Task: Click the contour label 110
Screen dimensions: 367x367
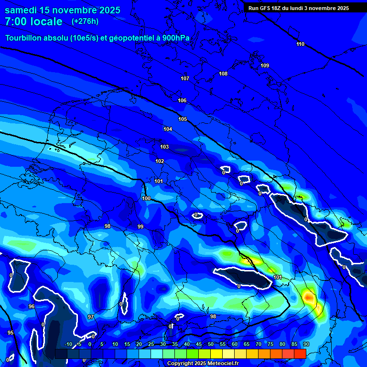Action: pos(300,44)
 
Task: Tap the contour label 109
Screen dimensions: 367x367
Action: pos(265,65)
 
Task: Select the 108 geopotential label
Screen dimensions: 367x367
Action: pos(223,74)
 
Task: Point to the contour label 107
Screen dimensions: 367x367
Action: pos(185,78)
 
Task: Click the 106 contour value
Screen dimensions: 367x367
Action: pos(182,100)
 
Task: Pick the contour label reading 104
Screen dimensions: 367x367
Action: pos(168,129)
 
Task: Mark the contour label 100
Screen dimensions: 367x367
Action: pos(146,198)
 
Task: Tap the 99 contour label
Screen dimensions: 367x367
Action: pos(140,227)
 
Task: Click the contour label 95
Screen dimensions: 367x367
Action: pos(11,333)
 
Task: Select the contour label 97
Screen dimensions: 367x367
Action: pos(91,317)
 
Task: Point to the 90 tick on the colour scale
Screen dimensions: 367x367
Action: pos(306,344)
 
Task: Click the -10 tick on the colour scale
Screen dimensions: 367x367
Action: pos(68,344)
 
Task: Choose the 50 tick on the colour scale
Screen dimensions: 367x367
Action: pos(211,344)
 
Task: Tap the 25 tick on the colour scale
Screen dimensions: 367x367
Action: pos(151,344)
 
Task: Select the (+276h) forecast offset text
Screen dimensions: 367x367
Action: pos(85,22)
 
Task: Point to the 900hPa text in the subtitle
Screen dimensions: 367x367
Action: pos(179,38)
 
